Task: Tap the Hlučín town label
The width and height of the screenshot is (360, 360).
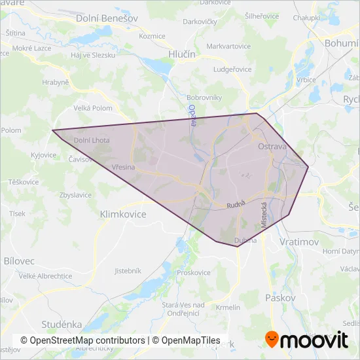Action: [182, 55]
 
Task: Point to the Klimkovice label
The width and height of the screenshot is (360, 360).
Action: [123, 214]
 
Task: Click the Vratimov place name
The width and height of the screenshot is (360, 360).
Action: [298, 242]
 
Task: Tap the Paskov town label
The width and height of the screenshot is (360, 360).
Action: [281, 298]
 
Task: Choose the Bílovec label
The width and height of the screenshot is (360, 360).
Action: [19, 261]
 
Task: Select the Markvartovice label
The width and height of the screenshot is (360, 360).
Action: [228, 46]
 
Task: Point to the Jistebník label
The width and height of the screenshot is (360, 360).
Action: [128, 270]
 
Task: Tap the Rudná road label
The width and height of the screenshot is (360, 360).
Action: [235, 206]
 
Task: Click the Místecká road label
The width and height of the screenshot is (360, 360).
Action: [264, 214]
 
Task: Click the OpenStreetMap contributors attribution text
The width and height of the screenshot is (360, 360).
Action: [82, 340]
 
